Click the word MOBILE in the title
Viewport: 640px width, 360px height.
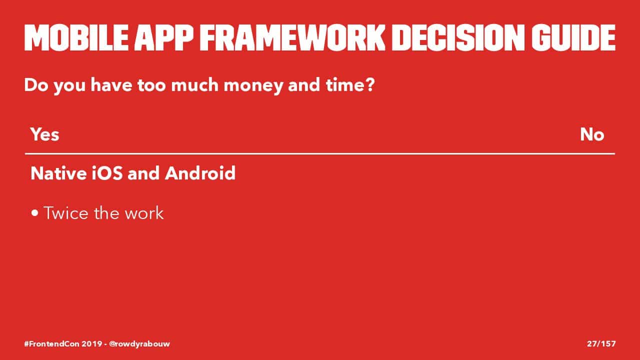click(x=76, y=37)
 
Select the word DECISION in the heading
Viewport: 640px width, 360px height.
click(x=458, y=37)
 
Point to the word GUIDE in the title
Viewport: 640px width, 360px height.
click(x=573, y=37)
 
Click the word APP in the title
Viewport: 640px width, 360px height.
click(x=164, y=37)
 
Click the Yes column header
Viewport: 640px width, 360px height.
click(x=45, y=134)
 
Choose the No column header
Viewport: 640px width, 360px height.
click(x=592, y=134)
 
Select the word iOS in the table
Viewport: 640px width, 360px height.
click(x=107, y=173)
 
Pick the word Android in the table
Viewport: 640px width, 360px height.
click(x=200, y=173)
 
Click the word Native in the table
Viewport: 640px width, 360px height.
click(x=58, y=173)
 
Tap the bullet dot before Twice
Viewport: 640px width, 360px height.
click(x=35, y=213)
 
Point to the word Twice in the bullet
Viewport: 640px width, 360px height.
click(x=66, y=213)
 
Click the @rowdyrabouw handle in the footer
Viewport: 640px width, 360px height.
click(x=139, y=344)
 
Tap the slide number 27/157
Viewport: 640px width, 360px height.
click(x=601, y=343)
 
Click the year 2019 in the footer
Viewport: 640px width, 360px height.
click(x=92, y=343)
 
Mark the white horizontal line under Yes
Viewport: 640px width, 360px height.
click(x=320, y=153)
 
